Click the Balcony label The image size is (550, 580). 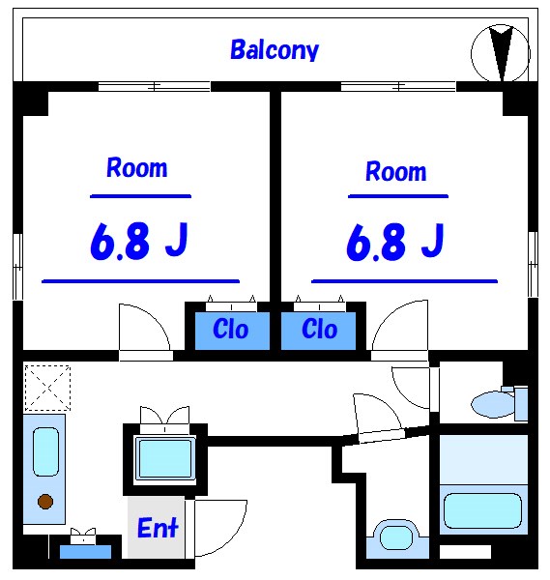(x=275, y=49)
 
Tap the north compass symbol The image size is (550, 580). (x=501, y=53)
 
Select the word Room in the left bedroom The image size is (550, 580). (x=136, y=168)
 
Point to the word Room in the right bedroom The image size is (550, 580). (x=395, y=172)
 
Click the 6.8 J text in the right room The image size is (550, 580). (x=395, y=243)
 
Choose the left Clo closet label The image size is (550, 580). (x=230, y=330)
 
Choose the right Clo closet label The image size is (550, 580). (x=319, y=330)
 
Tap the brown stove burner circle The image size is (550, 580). (x=44, y=501)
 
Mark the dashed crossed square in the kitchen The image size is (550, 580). (x=47, y=387)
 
